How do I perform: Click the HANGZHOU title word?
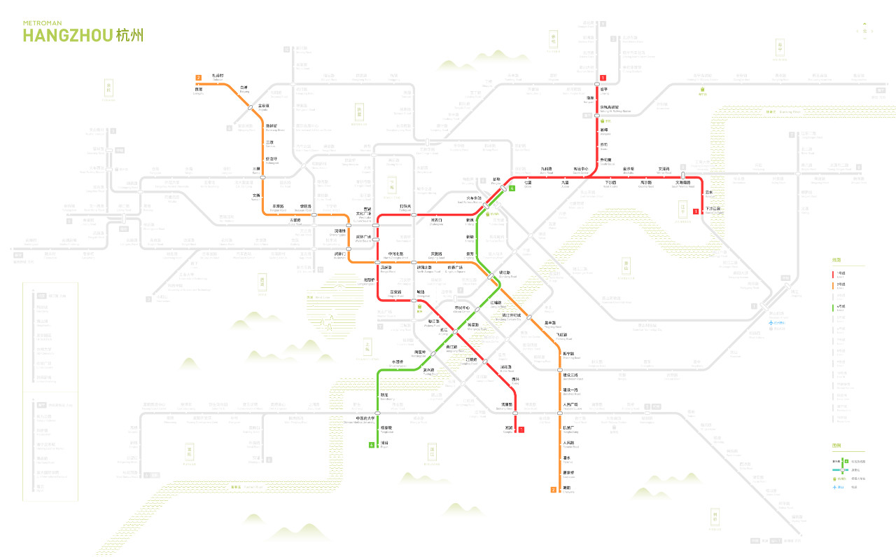[67, 35]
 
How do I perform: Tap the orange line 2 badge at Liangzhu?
[199, 77]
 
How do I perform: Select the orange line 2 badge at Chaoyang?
[553, 489]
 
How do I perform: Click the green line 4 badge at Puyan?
[372, 445]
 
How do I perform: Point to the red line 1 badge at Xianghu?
[521, 429]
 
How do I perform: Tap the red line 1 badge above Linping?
[603, 77]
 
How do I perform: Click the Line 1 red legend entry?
[838, 274]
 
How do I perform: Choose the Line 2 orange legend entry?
[838, 285]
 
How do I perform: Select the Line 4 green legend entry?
[838, 307]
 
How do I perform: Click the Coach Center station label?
[581, 170]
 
